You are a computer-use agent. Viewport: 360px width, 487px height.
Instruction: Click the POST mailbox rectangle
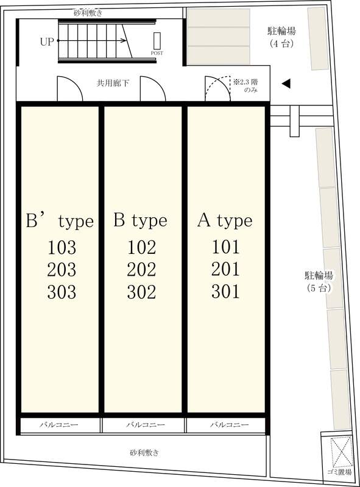(x=157, y=41)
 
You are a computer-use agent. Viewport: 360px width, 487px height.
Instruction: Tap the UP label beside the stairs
(x=47, y=41)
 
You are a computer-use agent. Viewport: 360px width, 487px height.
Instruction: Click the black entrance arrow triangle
(x=286, y=83)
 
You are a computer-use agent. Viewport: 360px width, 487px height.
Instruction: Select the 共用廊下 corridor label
(x=113, y=83)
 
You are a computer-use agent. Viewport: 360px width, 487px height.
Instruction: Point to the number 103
(x=62, y=248)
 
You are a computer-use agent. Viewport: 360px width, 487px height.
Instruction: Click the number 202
(x=141, y=270)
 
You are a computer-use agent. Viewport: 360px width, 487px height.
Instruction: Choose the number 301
(x=226, y=292)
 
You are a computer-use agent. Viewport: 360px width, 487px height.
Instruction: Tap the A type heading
(x=225, y=221)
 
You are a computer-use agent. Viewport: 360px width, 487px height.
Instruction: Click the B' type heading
(x=60, y=222)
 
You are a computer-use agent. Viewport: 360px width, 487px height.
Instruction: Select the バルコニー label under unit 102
(x=146, y=424)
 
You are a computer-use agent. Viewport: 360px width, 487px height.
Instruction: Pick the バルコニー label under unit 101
(x=230, y=424)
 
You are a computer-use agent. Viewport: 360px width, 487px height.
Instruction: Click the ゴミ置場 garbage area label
(x=339, y=472)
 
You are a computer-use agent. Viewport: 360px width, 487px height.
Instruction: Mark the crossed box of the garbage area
(x=342, y=452)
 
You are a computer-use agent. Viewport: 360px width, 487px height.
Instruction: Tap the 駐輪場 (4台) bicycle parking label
(x=281, y=37)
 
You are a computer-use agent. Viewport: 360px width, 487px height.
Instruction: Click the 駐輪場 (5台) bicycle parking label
(x=319, y=282)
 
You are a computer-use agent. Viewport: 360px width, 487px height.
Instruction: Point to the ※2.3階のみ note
(x=246, y=86)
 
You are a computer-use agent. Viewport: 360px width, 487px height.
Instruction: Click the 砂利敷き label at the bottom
(x=144, y=453)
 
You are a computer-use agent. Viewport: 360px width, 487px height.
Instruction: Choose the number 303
(x=62, y=292)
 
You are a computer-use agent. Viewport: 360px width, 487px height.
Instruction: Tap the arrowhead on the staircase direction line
(x=124, y=41)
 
